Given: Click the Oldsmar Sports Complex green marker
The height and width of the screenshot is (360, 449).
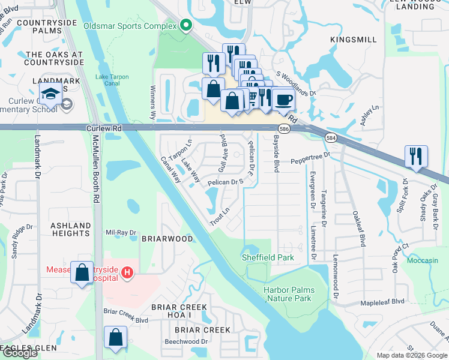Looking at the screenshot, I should coord(185,26).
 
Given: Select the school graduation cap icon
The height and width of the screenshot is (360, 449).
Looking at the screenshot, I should coord(50,94).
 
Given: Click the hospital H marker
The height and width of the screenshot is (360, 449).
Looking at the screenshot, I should coord(127,273).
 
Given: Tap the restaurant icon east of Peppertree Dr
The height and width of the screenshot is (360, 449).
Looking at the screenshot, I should coord(416,156).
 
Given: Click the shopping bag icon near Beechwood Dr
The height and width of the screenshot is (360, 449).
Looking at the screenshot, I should coord(115,338).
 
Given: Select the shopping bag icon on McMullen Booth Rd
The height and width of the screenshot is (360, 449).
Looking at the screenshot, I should coord(82,272).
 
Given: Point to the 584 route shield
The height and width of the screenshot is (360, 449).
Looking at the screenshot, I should coord(331,139).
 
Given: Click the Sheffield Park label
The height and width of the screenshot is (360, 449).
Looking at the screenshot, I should coord(268,257).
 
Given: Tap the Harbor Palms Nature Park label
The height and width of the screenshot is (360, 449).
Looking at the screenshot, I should coord(288,294).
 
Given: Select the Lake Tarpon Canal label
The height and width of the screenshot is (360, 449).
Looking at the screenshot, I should coord(108,80).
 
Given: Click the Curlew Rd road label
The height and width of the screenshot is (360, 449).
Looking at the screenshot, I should coord(104,128).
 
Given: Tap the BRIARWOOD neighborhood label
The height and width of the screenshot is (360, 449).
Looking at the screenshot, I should coord(167,238).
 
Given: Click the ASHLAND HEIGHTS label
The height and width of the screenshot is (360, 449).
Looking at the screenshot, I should coord(71,230).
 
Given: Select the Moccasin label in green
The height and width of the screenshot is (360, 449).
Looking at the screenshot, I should coord(422,261).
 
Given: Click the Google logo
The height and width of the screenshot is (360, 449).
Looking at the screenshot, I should coord(20,353).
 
